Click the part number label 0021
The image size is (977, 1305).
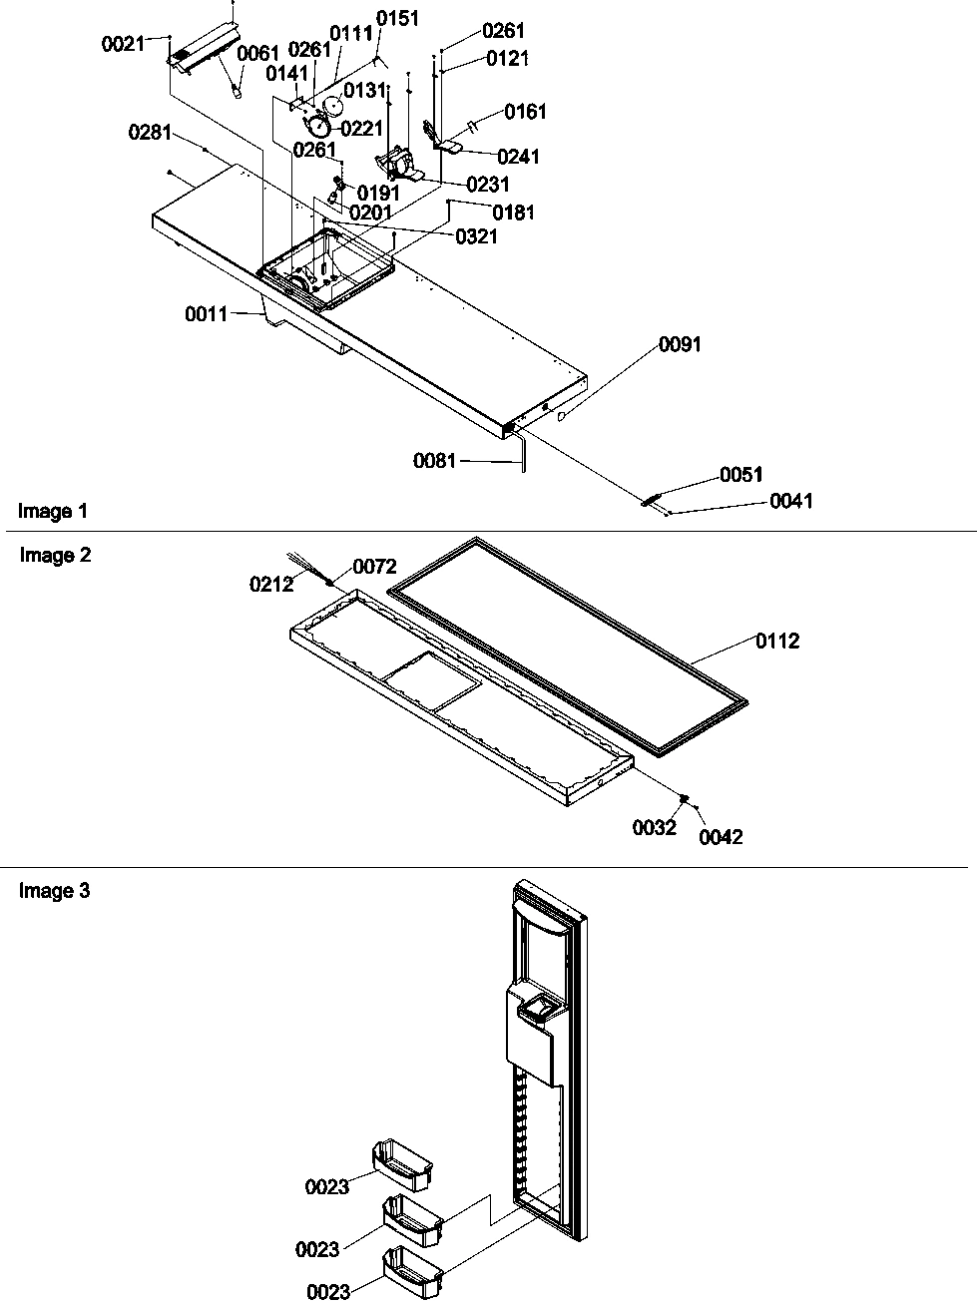click(x=123, y=44)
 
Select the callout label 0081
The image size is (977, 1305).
click(x=434, y=461)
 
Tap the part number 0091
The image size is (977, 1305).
click(x=680, y=344)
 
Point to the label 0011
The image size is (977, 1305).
click(x=206, y=314)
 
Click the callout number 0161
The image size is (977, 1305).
click(x=525, y=112)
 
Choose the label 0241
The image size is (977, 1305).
click(x=517, y=157)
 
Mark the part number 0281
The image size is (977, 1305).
click(x=150, y=133)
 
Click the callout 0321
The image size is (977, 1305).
click(x=476, y=236)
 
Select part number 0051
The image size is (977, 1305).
click(x=740, y=475)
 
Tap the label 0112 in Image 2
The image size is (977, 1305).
click(x=777, y=642)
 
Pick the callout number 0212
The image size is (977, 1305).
click(x=271, y=585)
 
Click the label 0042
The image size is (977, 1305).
click(x=721, y=837)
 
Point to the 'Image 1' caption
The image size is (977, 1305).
click(x=53, y=512)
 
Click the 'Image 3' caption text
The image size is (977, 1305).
click(x=54, y=891)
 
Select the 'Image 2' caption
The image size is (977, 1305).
click(x=55, y=556)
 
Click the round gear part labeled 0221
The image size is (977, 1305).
click(x=318, y=128)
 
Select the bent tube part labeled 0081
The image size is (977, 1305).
click(x=521, y=451)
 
